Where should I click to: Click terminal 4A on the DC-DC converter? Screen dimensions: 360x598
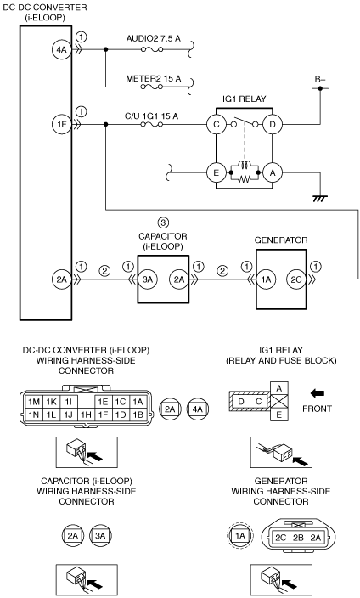pos(61,49)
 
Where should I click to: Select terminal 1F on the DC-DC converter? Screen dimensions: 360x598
pos(61,124)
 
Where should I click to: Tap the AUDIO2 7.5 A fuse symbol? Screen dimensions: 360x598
pos(152,49)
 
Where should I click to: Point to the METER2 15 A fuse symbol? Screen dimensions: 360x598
pos(152,87)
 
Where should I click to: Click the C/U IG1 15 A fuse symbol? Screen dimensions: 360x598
pos(152,124)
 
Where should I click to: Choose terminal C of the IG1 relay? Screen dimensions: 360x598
pos(217,124)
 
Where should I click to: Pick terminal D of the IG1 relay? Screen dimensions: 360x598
pos(273,124)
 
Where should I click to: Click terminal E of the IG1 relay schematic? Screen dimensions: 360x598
pos(217,172)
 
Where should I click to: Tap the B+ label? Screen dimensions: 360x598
pos(320,80)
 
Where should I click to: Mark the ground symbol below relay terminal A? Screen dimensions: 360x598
pos(320,199)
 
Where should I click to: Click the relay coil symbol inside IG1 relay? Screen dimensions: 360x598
pos(244,166)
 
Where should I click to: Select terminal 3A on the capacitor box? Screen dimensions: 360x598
pos(147,279)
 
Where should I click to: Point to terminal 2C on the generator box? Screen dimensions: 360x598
pos(296,279)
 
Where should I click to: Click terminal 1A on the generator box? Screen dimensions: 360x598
pos(266,279)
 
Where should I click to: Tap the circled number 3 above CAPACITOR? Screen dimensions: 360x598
pos(163,223)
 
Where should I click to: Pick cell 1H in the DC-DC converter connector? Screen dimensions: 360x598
pos(86,415)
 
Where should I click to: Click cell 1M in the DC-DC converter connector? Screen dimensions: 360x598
pos(34,402)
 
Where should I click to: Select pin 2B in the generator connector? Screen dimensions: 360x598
pos(298,538)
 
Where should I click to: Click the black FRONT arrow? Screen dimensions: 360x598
pos(318,392)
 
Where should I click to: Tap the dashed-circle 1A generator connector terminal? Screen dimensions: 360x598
pos(240,536)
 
